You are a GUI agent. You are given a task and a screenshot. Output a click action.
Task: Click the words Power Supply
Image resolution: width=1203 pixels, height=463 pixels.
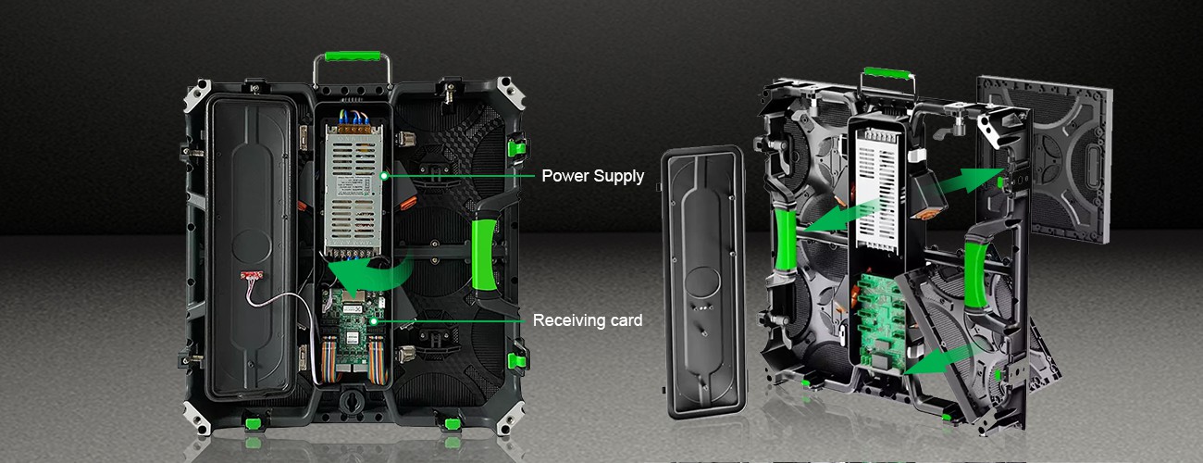tap(592, 176)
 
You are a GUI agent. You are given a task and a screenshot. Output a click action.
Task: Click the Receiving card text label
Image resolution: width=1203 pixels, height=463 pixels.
tap(588, 320)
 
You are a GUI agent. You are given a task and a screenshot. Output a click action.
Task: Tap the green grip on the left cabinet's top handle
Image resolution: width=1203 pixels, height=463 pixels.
tap(353, 56)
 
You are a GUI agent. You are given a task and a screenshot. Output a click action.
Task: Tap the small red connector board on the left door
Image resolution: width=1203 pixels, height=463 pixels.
tap(252, 276)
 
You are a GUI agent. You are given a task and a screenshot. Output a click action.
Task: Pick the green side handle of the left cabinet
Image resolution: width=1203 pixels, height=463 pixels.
tap(484, 256)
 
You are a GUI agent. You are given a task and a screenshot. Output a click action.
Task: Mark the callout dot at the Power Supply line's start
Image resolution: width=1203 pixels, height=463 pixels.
tap(384, 176)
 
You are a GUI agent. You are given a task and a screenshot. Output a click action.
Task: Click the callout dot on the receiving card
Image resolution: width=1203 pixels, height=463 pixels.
tap(373, 321)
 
